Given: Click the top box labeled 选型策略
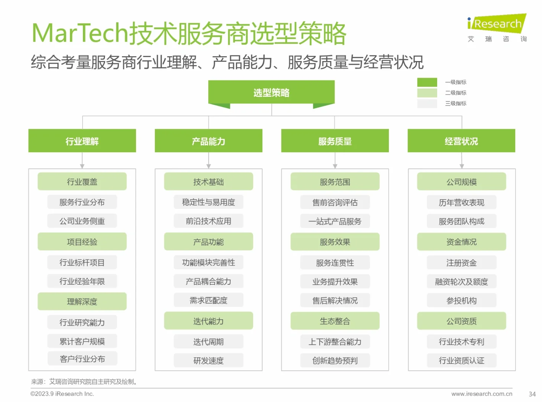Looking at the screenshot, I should pyautogui.click(x=271, y=92).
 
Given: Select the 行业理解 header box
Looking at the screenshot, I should pyautogui.click(x=82, y=141).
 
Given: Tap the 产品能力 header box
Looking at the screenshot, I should pyautogui.click(x=209, y=141).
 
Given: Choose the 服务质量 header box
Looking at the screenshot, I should pyautogui.click(x=335, y=141).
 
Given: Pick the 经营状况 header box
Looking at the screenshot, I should pyautogui.click(x=461, y=141).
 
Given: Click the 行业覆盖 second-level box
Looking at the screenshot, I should pyautogui.click(x=82, y=182).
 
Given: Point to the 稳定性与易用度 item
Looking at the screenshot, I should pyautogui.click(x=209, y=202).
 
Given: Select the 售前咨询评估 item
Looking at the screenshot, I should pyautogui.click(x=335, y=202).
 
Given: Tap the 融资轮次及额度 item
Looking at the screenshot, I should pyautogui.click(x=461, y=282).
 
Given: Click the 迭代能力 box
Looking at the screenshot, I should pyautogui.click(x=209, y=321).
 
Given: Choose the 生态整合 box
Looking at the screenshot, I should pyautogui.click(x=335, y=321).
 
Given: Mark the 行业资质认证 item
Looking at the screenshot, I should pyautogui.click(x=461, y=360).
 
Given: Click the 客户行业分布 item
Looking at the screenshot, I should pyautogui.click(x=82, y=359).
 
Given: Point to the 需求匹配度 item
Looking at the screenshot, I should pyautogui.click(x=209, y=300).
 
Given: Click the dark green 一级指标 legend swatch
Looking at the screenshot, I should pyautogui.click(x=427, y=82).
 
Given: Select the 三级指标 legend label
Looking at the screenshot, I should pyautogui.click(x=456, y=103).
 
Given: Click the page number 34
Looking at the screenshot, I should pyautogui.click(x=532, y=394).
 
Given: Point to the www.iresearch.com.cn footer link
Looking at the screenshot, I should pyautogui.click(x=482, y=394).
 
